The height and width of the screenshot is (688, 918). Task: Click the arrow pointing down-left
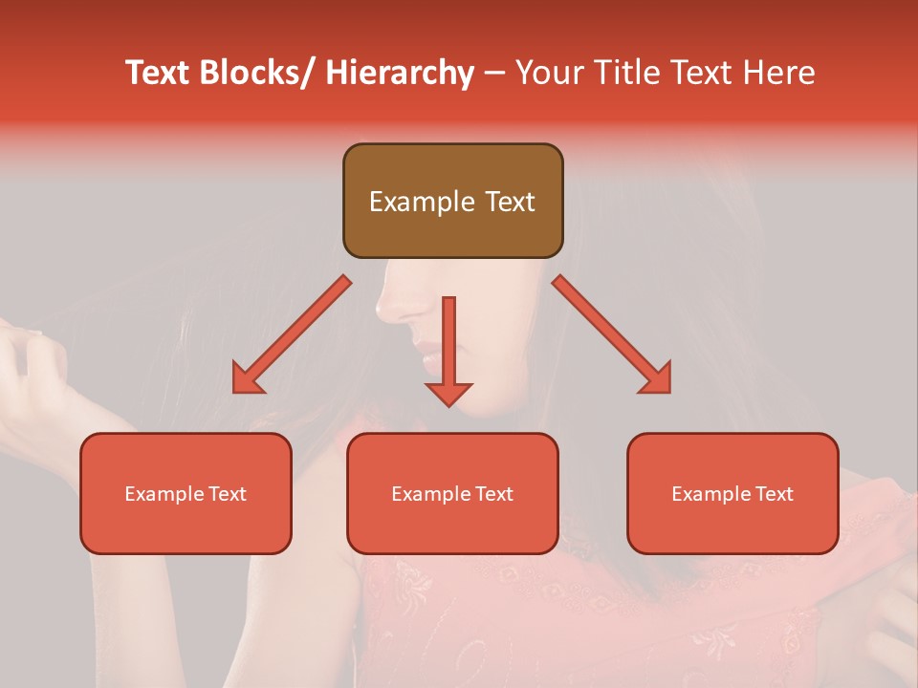[x=292, y=334]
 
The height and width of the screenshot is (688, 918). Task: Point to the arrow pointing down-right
[x=612, y=334]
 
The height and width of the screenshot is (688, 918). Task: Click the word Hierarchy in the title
[x=400, y=73]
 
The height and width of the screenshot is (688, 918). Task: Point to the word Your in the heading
[x=546, y=73]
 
